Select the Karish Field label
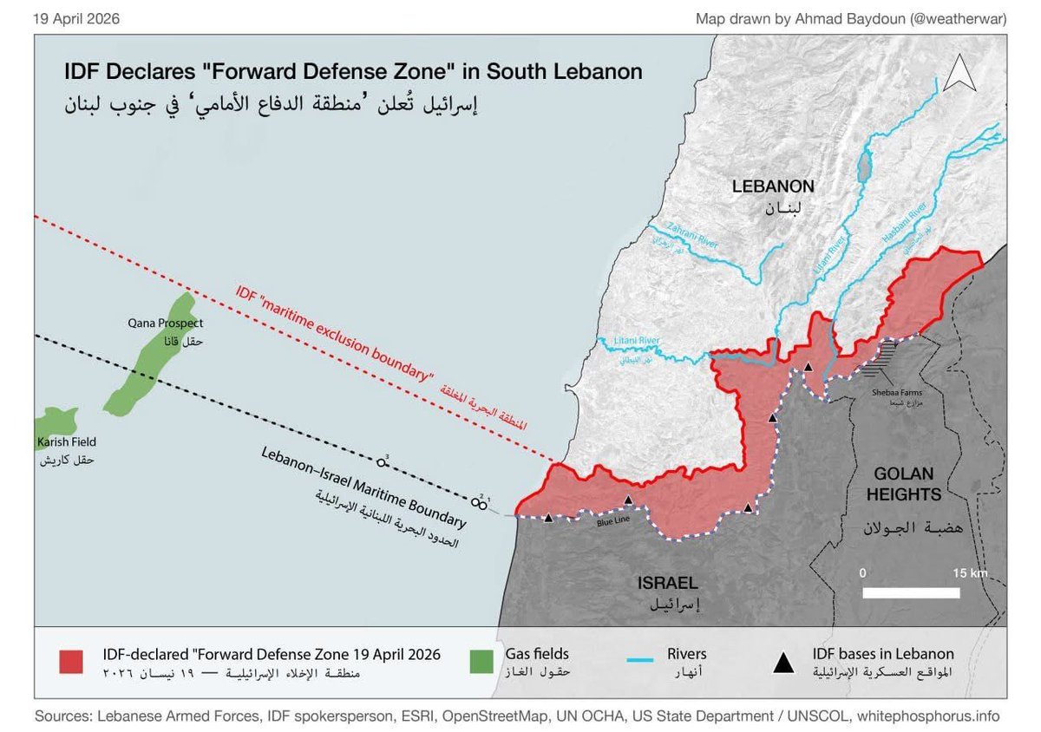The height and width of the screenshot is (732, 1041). tap(66, 442)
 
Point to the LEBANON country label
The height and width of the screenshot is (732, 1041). tap(772, 186)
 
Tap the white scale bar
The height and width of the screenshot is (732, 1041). tap(911, 593)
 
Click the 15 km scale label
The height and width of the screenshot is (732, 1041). tap(970, 574)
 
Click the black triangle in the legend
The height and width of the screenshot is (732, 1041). tap(783, 663)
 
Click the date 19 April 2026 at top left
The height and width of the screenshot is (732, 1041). tap(76, 18)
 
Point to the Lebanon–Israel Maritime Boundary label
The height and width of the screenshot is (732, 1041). tap(364, 489)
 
